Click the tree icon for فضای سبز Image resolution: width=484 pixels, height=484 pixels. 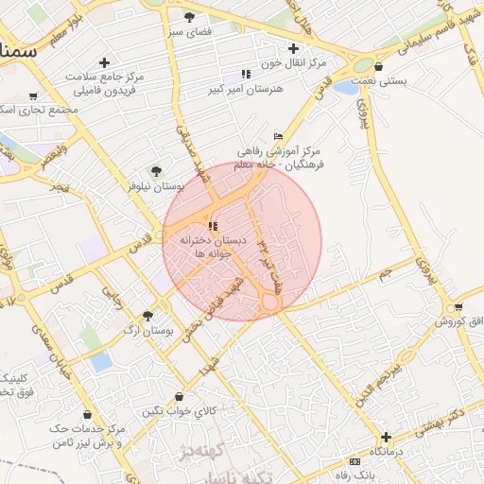coord(189,17)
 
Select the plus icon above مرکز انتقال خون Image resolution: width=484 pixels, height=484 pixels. coord(294,48)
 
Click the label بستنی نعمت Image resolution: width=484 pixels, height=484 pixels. coord(381,81)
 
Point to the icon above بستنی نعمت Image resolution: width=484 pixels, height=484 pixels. coord(378,67)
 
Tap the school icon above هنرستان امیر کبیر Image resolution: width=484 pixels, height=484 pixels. coord(246,74)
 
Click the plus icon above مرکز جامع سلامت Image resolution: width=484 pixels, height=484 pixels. coord(104,62)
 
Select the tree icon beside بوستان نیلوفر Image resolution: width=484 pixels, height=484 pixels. coord(156,171)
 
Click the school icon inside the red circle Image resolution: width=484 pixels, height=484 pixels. coord(211,226)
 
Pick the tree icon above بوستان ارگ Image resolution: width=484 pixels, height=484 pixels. coord(147,315)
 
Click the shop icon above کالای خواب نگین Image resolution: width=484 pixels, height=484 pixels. coord(180,396)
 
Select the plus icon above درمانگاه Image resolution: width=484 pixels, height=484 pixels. coord(385,438)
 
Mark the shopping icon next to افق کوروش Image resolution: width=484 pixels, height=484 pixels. coord(458,308)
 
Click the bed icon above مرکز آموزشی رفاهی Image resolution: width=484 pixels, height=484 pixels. coord(278,137)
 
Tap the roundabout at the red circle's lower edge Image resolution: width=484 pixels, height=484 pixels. coord(271,302)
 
